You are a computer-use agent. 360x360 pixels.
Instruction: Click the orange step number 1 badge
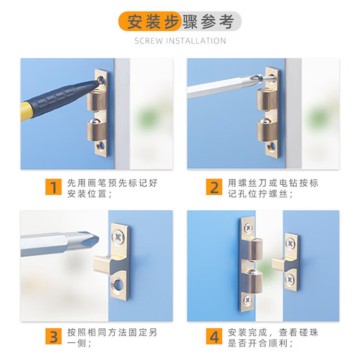click(x=53, y=187)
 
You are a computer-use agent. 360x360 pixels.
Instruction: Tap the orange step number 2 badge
click(x=214, y=187)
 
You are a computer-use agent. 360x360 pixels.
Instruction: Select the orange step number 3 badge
click(x=53, y=336)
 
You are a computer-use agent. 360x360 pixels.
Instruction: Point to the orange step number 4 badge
click(x=214, y=336)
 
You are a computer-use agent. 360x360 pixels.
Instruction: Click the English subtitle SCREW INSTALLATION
click(x=180, y=41)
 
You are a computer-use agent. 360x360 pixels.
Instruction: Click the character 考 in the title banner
click(x=227, y=22)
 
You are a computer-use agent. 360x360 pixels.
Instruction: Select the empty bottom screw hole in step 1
click(x=101, y=146)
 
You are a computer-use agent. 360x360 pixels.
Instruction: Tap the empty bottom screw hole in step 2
click(x=272, y=146)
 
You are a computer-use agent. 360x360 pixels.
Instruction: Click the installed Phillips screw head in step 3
click(x=119, y=237)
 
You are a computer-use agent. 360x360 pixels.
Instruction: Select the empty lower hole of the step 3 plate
click(x=118, y=284)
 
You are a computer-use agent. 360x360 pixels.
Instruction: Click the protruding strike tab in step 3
click(x=102, y=264)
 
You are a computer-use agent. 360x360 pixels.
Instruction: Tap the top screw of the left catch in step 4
click(x=248, y=228)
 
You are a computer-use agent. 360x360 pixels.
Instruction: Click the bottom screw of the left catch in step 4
click(x=248, y=300)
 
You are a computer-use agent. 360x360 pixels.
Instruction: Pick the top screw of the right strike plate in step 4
click(x=290, y=243)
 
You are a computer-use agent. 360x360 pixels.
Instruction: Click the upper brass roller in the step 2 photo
click(x=266, y=99)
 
